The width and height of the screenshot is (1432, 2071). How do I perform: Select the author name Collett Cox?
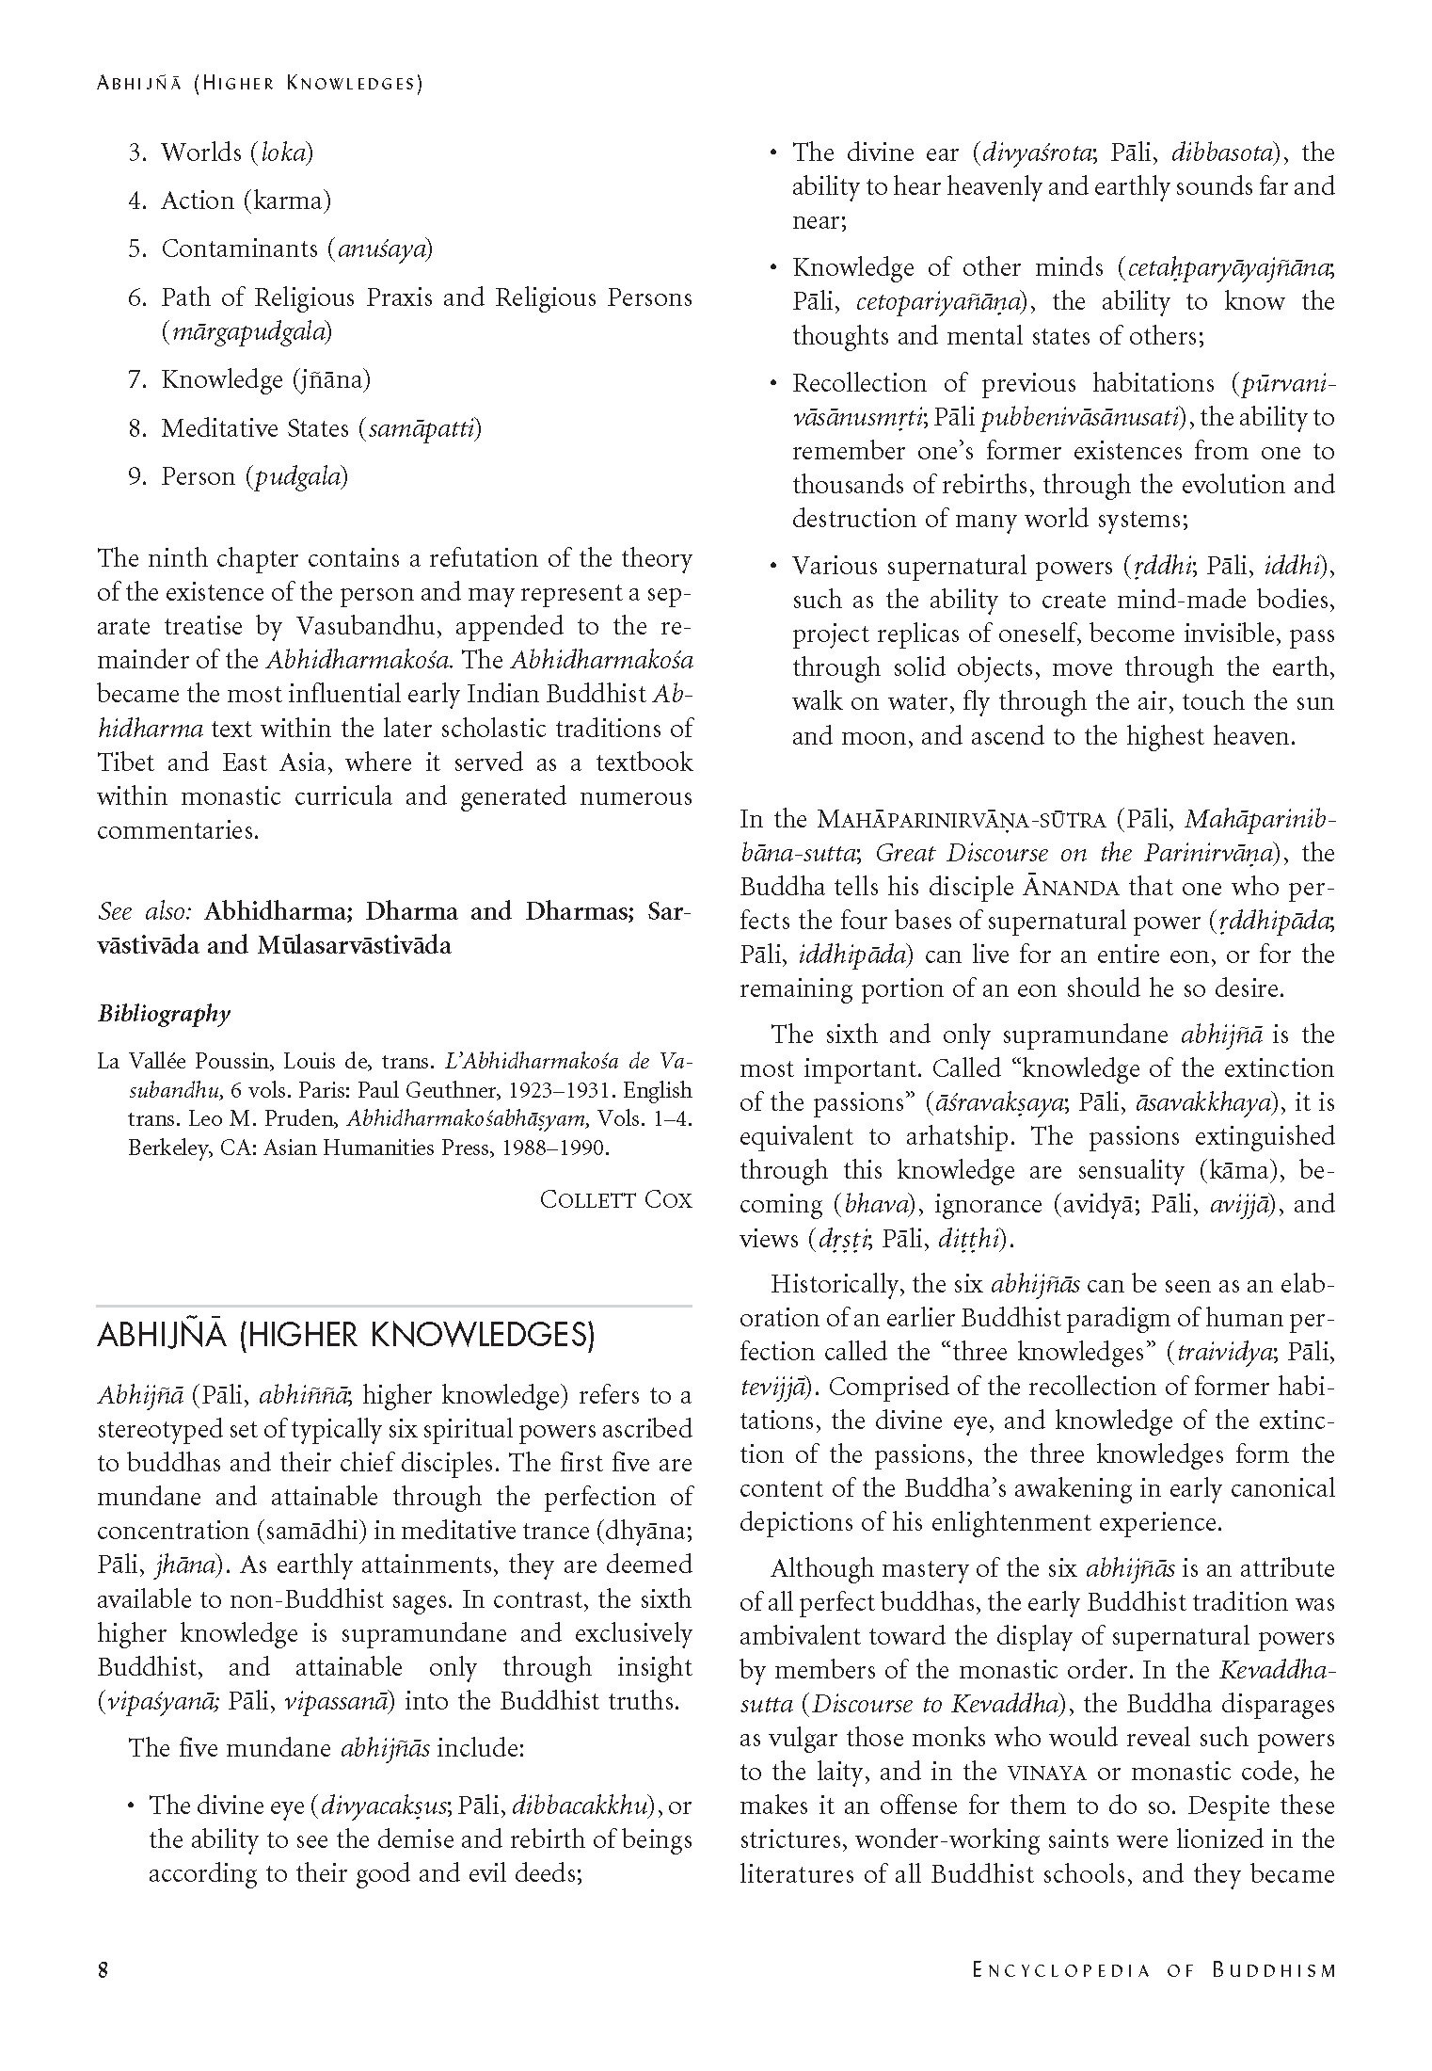[615, 1199]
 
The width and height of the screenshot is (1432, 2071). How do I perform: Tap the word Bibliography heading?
[164, 1014]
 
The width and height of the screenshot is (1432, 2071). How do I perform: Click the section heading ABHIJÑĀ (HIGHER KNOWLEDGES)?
[345, 1337]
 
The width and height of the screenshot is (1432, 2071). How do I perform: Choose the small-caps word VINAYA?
[1046, 1773]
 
